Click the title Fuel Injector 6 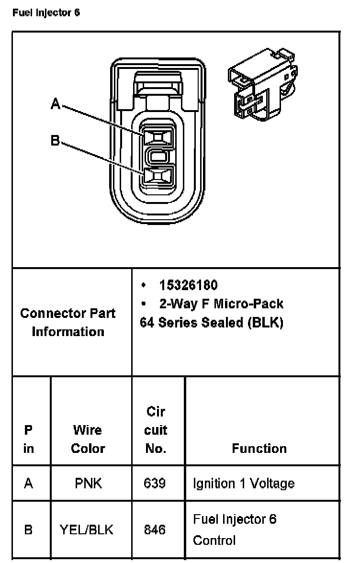pyautogui.click(x=46, y=13)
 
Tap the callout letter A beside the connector pyautogui.click(x=56, y=103)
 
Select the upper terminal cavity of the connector pyautogui.click(x=157, y=138)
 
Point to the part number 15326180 pyautogui.click(x=188, y=285)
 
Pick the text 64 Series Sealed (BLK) pyautogui.click(x=211, y=322)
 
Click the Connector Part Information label pyautogui.click(x=67, y=322)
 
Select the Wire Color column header pyautogui.click(x=88, y=439)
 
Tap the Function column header pyautogui.click(x=259, y=448)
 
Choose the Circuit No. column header pyautogui.click(x=156, y=430)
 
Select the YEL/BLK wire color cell pyautogui.click(x=87, y=530)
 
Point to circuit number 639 pyautogui.click(x=155, y=483)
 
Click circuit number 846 pyautogui.click(x=155, y=530)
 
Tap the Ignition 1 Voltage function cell pyautogui.click(x=243, y=483)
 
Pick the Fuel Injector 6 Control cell pyautogui.click(x=235, y=529)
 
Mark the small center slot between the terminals pyautogui.click(x=157, y=157)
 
